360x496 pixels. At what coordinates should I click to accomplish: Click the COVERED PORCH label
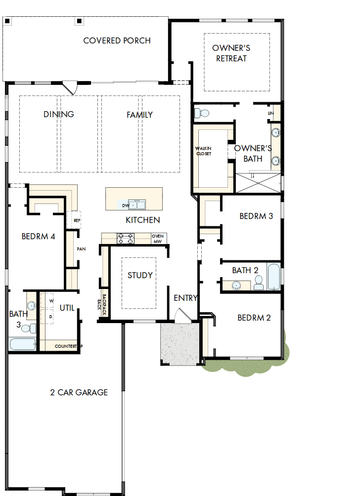tap(117, 41)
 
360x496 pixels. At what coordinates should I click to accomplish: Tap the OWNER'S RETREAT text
tap(231, 53)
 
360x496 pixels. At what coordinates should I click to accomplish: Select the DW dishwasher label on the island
tap(125, 205)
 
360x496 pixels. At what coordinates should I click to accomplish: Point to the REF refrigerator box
tap(77, 220)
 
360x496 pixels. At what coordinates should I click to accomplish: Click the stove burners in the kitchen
tap(126, 239)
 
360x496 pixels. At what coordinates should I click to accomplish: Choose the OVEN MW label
tap(158, 239)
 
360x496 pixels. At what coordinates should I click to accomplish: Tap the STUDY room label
tap(140, 275)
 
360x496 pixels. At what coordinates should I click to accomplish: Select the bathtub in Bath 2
tap(273, 277)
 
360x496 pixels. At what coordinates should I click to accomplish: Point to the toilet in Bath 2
tap(258, 283)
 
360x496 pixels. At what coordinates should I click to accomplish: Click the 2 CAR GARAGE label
tap(79, 393)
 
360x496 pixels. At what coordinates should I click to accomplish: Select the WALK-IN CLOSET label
tap(203, 151)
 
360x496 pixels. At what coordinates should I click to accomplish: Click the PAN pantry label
tap(81, 249)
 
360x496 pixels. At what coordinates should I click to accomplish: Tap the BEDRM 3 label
tap(256, 216)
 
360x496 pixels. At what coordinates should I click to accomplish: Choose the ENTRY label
tap(185, 298)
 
